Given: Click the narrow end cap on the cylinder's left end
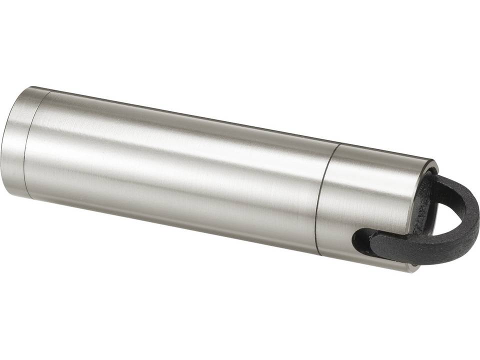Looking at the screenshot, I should tap(17, 142).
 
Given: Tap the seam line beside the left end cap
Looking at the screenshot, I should tap(29, 145).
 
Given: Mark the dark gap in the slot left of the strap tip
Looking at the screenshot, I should tap(356, 240).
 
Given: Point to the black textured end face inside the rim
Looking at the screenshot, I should tap(422, 200).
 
